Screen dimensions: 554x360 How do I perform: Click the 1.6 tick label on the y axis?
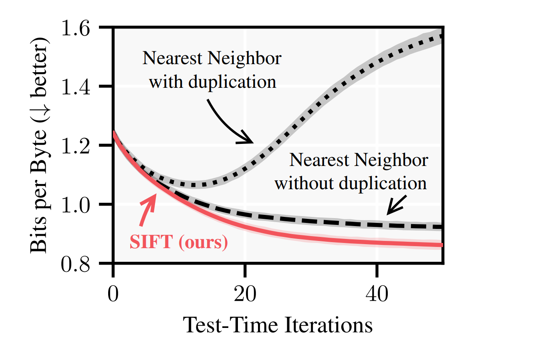pyautogui.click(x=75, y=28)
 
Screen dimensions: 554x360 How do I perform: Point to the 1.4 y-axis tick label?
pyautogui.click(x=75, y=87)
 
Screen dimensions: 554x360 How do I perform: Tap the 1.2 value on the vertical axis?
pyautogui.click(x=75, y=146)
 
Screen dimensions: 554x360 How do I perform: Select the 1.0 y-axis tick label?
pyautogui.click(x=75, y=204)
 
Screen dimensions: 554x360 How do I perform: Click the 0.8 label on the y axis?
pyautogui.click(x=75, y=264)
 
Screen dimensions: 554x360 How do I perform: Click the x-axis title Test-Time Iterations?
pyautogui.click(x=278, y=325)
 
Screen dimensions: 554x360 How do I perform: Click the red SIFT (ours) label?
pyautogui.click(x=179, y=242)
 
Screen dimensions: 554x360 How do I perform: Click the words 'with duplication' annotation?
pyautogui.click(x=213, y=82)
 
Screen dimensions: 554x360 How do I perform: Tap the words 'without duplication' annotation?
pyautogui.click(x=351, y=183)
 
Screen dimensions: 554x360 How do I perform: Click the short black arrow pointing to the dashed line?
pyautogui.click(x=397, y=205)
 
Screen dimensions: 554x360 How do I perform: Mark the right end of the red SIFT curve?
pyautogui.click(x=442, y=245)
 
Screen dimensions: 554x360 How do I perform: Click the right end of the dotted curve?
pyautogui.click(x=442, y=36)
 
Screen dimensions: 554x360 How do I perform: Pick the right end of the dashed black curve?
pyautogui.click(x=442, y=227)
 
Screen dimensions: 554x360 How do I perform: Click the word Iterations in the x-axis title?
pyautogui.click(x=328, y=325)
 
